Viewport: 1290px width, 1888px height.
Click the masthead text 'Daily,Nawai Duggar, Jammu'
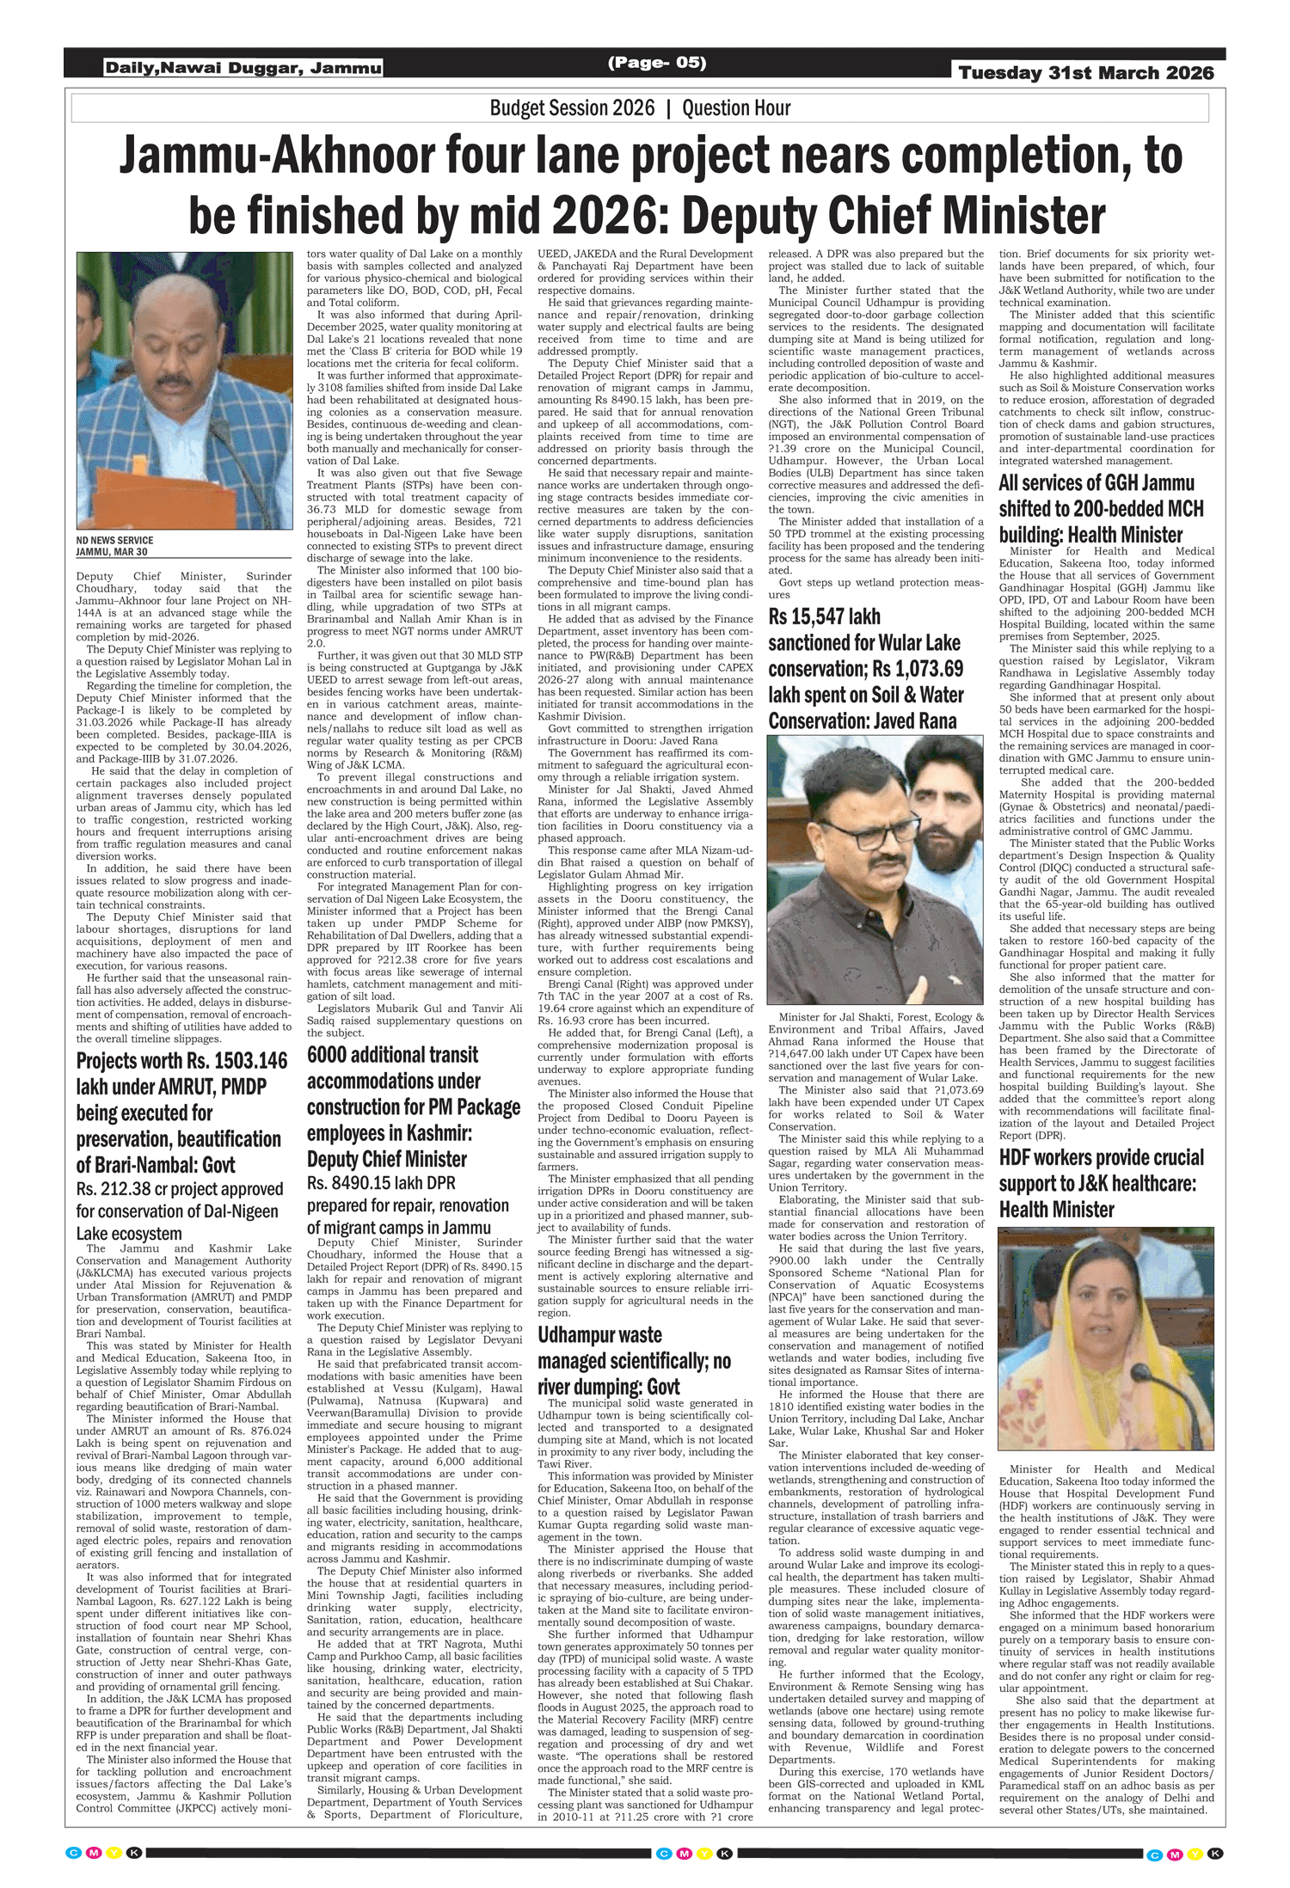coord(243,68)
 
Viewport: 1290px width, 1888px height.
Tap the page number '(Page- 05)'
coord(657,62)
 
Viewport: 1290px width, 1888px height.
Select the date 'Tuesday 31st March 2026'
coord(1086,73)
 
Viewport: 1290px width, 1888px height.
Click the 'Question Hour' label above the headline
coord(736,108)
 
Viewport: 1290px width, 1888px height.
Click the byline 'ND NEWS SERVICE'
coord(114,541)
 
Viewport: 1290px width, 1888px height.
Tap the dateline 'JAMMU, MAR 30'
coord(112,552)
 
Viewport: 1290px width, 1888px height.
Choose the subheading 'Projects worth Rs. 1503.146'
coord(181,1061)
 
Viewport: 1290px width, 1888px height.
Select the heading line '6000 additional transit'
coord(392,1055)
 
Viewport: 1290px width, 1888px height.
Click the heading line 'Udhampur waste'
coord(599,1335)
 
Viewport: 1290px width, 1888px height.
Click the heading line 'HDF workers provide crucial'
coord(1102,1158)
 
